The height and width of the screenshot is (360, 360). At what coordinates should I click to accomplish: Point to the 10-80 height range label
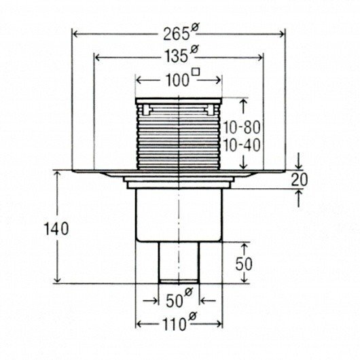242,128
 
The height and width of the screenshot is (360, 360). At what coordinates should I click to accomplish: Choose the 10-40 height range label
242,145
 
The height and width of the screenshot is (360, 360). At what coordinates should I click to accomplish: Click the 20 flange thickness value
299,180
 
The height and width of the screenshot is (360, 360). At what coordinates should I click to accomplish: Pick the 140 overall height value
56,229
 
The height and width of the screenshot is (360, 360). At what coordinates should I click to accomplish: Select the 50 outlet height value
244,264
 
